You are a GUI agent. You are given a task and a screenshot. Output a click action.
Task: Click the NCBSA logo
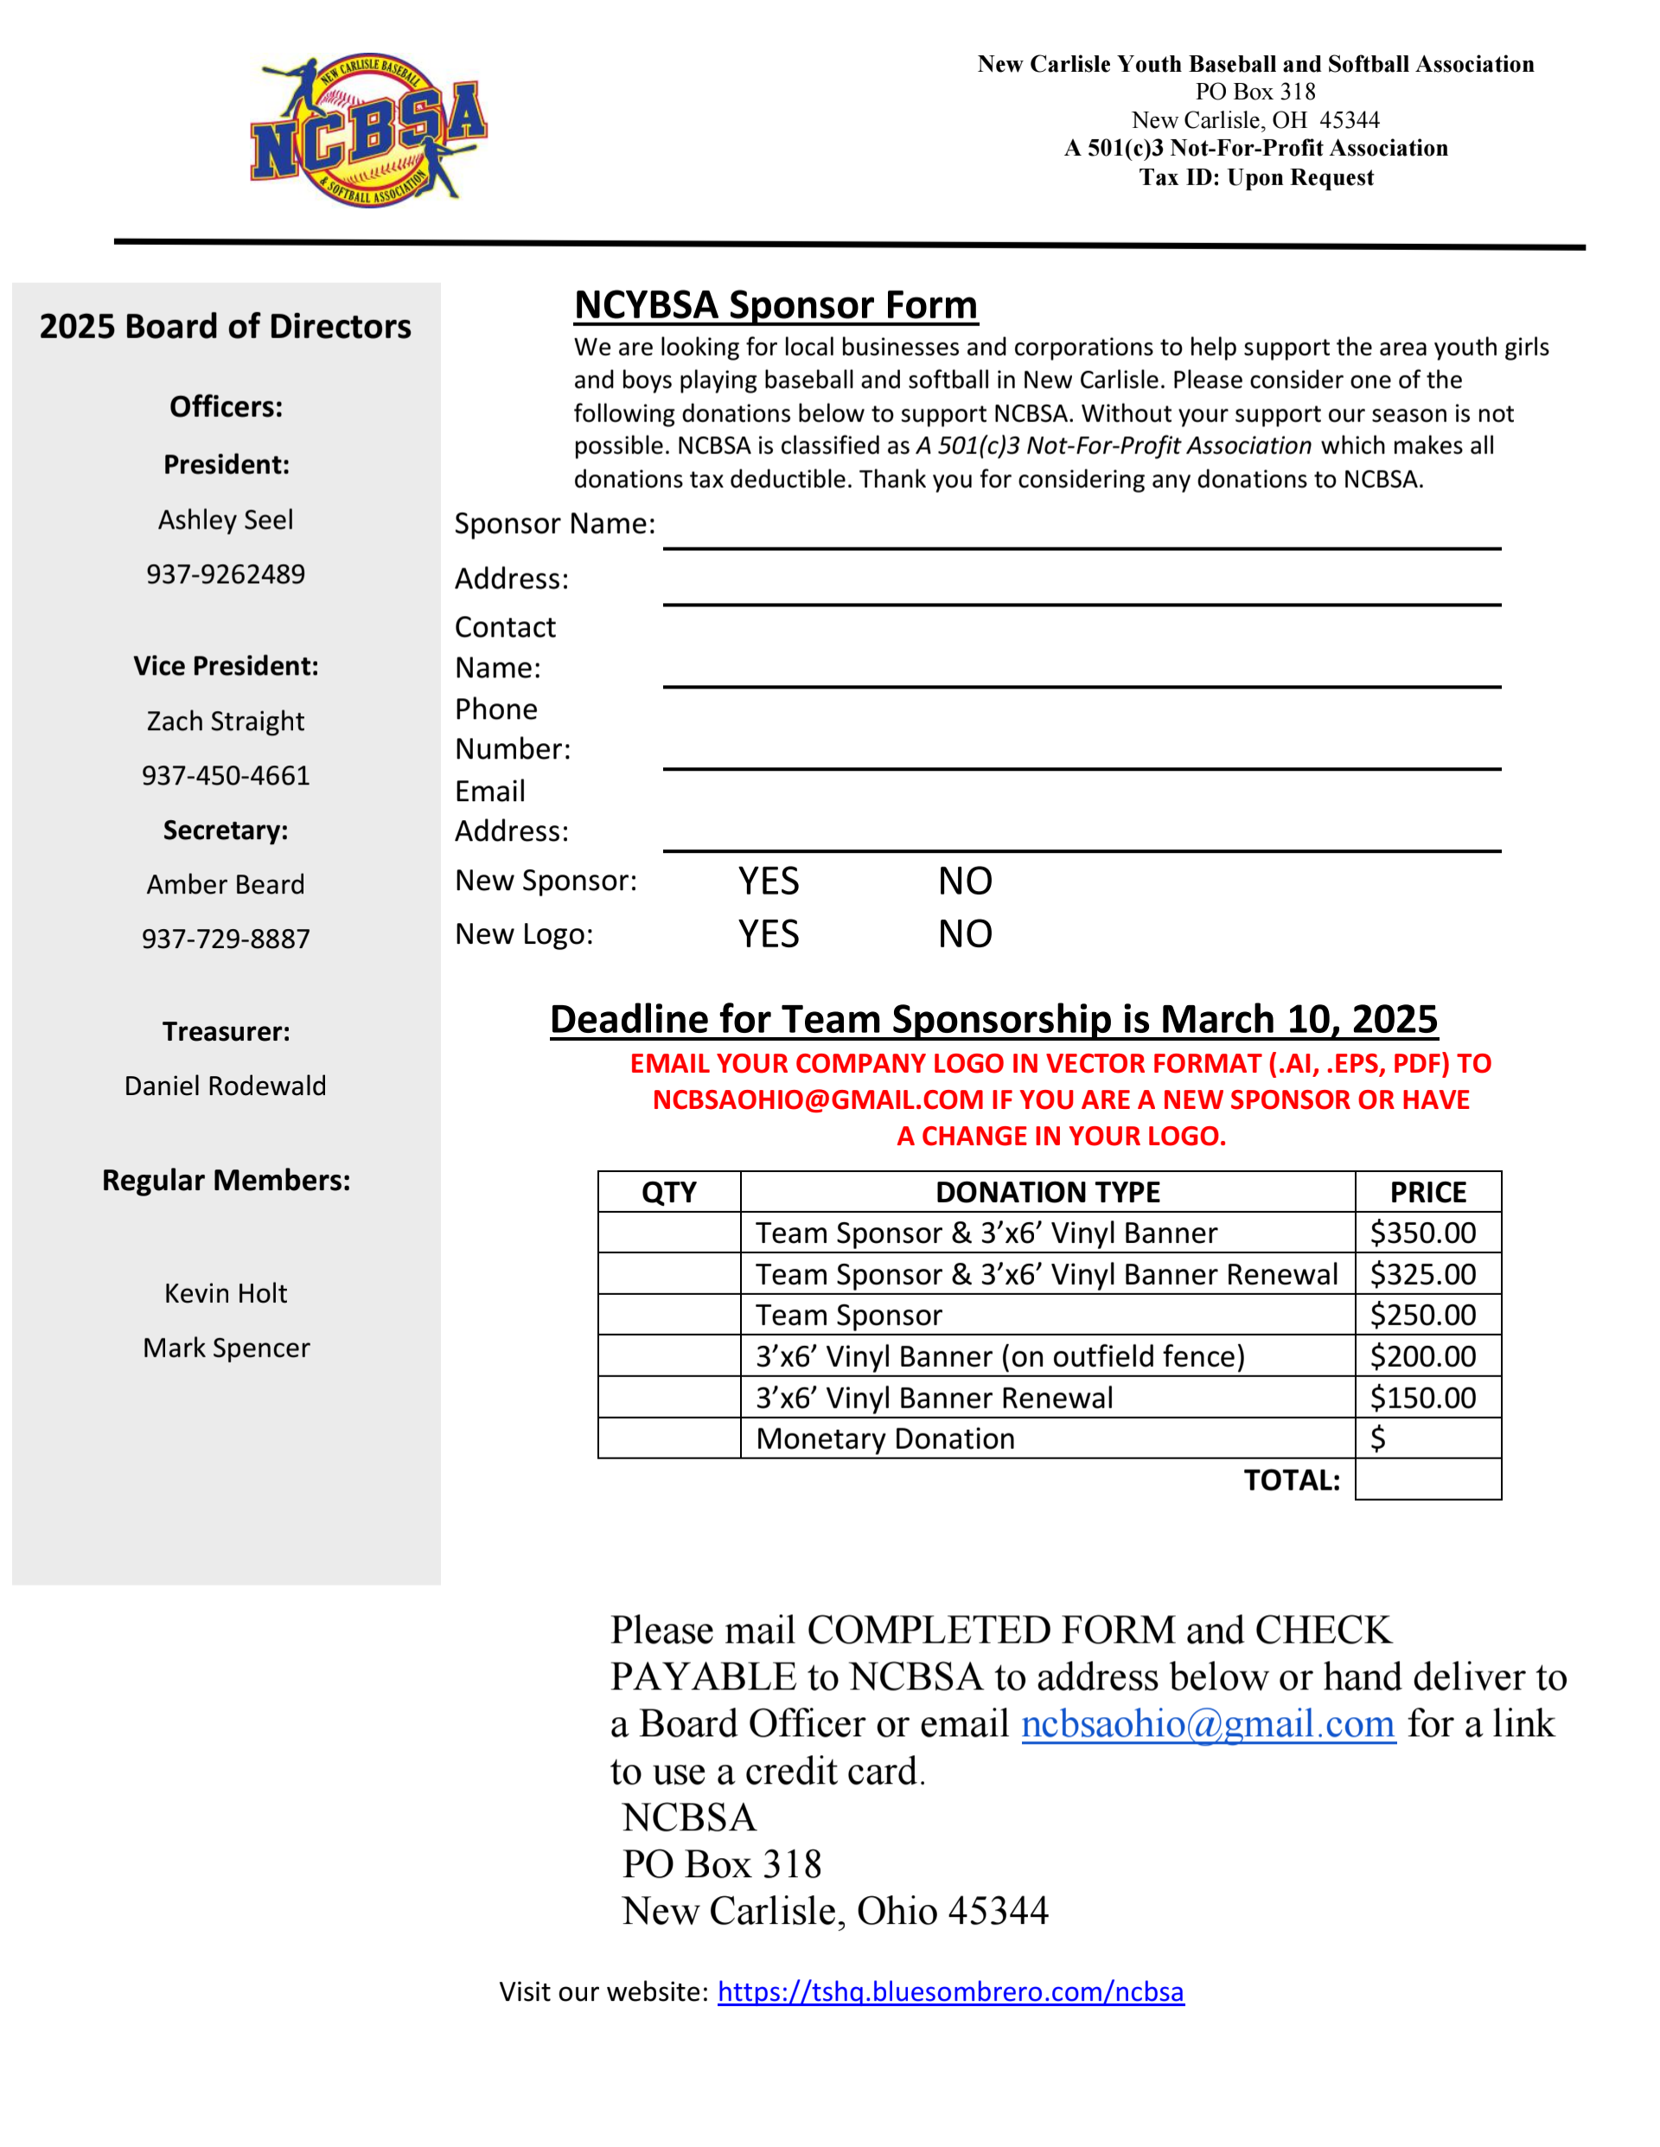pyautogui.click(x=368, y=130)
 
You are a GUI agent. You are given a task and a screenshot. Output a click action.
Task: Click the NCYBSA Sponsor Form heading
pyautogui.click(x=776, y=304)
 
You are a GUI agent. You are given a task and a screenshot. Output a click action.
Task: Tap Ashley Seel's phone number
pyautogui.click(x=225, y=574)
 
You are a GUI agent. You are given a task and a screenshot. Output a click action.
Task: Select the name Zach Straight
pyautogui.click(x=225, y=721)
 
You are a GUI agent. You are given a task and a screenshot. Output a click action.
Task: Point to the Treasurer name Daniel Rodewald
pyautogui.click(x=225, y=1086)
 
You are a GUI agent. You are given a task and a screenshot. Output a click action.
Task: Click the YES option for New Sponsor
pyautogui.click(x=769, y=881)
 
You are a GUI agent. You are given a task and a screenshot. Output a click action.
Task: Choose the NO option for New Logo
pyautogui.click(x=964, y=934)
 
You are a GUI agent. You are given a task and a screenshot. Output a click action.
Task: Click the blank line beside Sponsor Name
pyautogui.click(x=1081, y=531)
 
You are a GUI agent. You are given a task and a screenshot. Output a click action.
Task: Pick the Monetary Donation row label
pyautogui.click(x=884, y=1439)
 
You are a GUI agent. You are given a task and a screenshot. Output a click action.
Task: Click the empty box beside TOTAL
pyautogui.click(x=1427, y=1479)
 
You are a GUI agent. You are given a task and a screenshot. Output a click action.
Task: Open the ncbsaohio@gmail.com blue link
pyautogui.click(x=1208, y=1723)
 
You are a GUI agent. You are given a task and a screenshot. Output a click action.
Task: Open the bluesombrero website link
pyautogui.click(x=950, y=1991)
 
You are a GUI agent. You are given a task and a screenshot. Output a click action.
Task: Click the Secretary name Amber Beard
pyautogui.click(x=225, y=885)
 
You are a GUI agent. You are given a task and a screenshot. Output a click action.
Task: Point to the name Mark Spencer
pyautogui.click(x=225, y=1348)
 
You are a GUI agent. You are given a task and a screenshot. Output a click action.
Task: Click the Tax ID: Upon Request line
pyautogui.click(x=1256, y=177)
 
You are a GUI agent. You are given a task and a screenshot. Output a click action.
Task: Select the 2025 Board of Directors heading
pyautogui.click(x=225, y=326)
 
